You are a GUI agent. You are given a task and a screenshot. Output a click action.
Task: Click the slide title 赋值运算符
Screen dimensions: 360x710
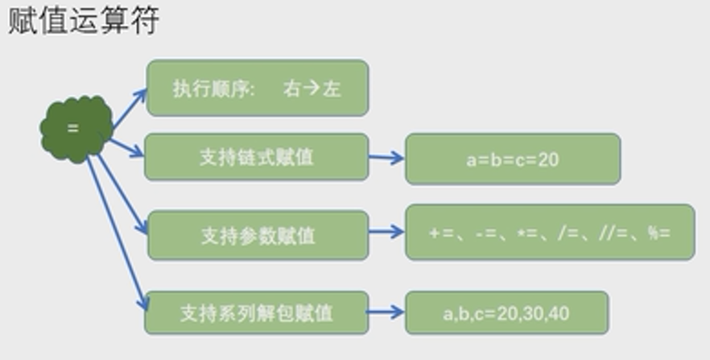pyautogui.click(x=84, y=19)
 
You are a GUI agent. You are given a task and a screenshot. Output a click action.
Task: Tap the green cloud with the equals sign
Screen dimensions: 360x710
pyautogui.click(x=75, y=129)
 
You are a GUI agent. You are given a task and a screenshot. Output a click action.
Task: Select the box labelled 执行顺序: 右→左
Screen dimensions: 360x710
pyautogui.click(x=257, y=88)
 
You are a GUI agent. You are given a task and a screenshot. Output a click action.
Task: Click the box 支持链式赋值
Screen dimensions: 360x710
pyautogui.click(x=257, y=157)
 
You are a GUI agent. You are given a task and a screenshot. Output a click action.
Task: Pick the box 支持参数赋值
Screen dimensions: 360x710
pyautogui.click(x=258, y=235)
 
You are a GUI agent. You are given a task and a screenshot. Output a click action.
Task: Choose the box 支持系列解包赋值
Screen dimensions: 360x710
pyautogui.click(x=256, y=312)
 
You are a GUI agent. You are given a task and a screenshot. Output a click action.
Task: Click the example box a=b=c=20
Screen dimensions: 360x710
pyautogui.click(x=513, y=159)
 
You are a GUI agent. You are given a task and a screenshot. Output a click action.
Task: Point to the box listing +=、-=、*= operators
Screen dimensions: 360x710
pyautogui.click(x=550, y=233)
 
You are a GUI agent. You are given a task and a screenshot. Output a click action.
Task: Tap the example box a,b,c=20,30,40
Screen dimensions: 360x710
pyautogui.click(x=506, y=312)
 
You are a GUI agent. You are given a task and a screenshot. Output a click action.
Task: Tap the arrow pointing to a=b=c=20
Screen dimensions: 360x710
pyautogui.click(x=386, y=158)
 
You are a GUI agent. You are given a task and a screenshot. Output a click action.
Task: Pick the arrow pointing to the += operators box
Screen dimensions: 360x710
pyautogui.click(x=386, y=232)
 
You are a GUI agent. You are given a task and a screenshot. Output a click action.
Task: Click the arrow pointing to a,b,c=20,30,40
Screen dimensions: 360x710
pyautogui.click(x=386, y=312)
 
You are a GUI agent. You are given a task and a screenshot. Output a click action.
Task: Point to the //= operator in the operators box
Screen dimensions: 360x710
pyautogui.click(x=615, y=234)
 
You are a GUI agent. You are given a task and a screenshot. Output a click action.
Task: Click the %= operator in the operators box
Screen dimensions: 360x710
pyautogui.click(x=658, y=234)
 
